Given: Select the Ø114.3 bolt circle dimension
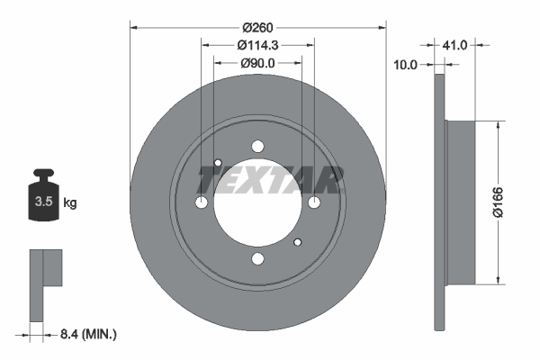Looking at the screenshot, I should (257, 45).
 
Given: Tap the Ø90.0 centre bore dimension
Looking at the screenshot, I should (257, 63).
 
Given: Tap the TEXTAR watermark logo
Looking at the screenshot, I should (270, 181).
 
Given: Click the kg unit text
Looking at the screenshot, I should (70, 203).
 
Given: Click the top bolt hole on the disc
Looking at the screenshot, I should (258, 147).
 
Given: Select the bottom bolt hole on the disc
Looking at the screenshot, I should (258, 260).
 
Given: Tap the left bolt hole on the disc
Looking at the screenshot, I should (202, 203).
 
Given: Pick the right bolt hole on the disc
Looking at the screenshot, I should (315, 203).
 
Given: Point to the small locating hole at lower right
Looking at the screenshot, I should (298, 243).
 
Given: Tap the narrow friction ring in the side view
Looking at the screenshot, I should (439, 202).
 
